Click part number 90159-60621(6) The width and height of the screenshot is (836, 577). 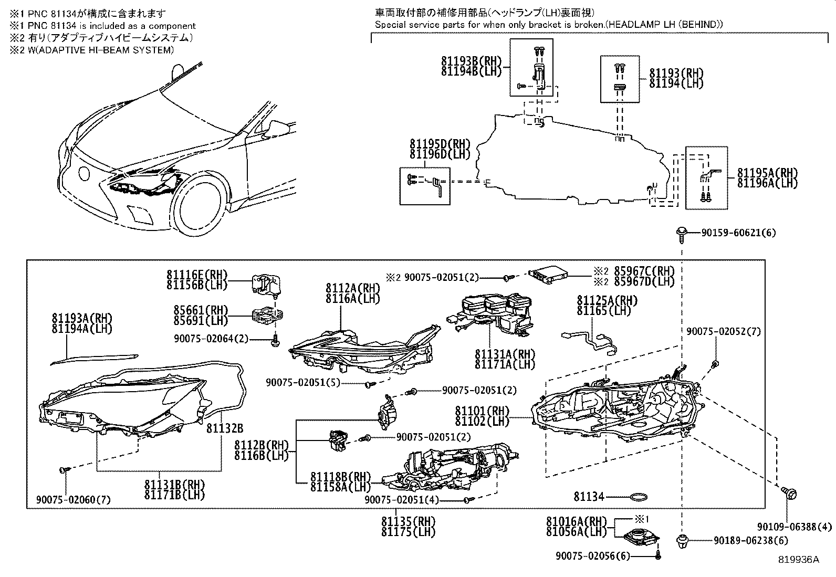738,233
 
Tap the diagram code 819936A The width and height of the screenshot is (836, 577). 799,560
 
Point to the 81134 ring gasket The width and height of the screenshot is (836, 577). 638,497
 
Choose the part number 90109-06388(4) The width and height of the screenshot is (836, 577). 795,527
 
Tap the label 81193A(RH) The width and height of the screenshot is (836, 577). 82,318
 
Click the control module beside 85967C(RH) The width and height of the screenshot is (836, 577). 549,273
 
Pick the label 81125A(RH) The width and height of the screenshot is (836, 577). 607,301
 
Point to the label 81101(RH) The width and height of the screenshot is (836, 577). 482,411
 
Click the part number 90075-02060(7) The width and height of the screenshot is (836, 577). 74,499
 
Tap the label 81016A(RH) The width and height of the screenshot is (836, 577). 576,522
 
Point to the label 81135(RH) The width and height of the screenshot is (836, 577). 409,521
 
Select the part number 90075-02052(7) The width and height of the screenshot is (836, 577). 723,331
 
